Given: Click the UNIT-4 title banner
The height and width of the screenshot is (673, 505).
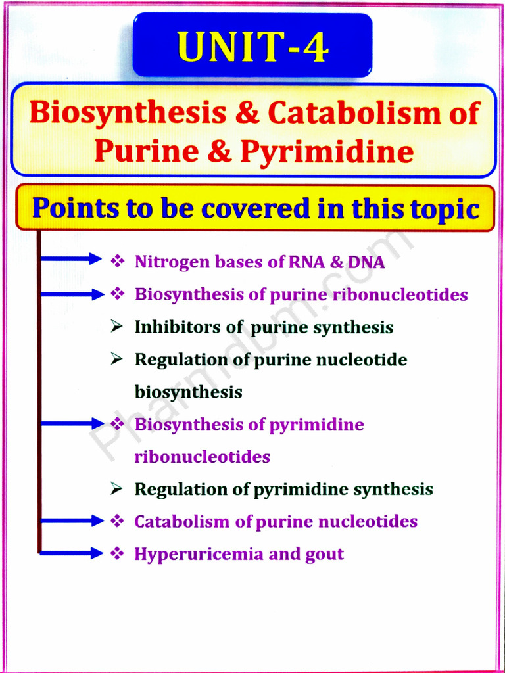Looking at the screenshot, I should (252, 47).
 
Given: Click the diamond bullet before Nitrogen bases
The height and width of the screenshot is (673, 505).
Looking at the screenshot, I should (118, 262).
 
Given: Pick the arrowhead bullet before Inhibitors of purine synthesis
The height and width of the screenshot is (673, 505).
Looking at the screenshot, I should (117, 327).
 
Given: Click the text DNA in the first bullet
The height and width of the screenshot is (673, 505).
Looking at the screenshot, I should (366, 262).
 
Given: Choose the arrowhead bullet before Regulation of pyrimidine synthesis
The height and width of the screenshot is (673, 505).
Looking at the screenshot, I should (117, 488).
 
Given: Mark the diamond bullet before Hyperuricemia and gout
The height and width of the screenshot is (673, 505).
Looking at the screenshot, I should (118, 553).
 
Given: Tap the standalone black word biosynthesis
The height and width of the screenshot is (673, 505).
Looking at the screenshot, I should (188, 392).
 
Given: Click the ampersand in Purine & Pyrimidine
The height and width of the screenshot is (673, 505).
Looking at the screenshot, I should (222, 152).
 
